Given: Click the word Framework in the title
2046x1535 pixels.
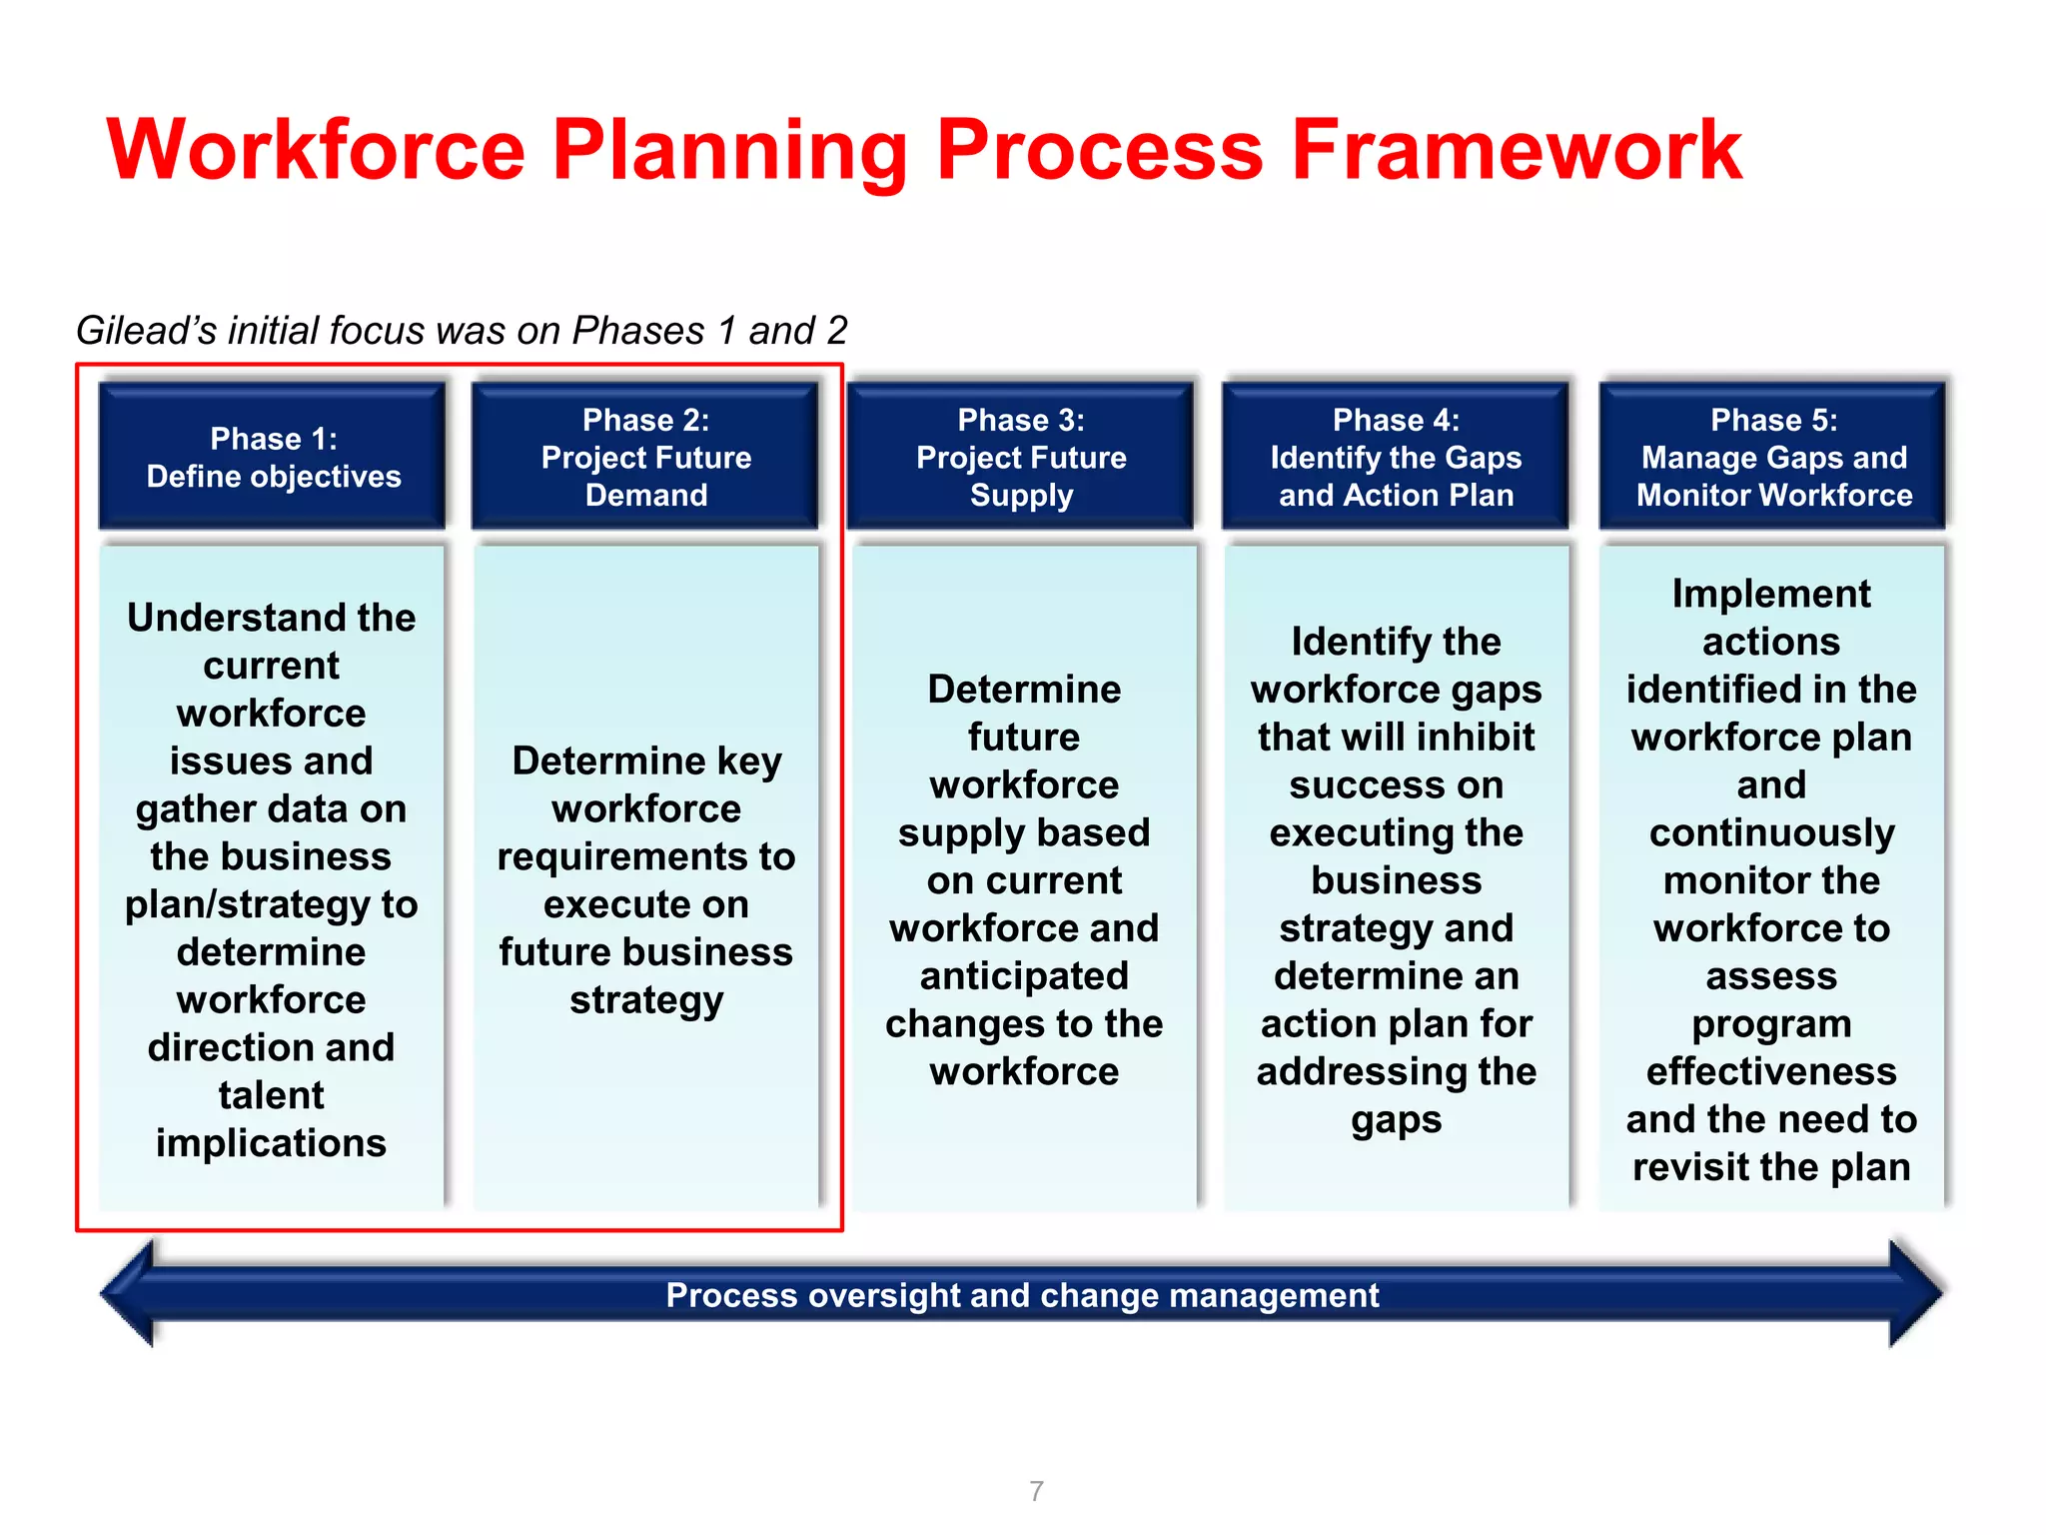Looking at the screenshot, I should (x=1516, y=150).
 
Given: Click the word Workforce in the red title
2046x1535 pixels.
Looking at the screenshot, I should (x=316, y=150).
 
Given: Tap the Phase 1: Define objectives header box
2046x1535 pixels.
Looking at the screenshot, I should (x=273, y=457).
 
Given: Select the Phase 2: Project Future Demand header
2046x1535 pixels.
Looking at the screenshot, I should (x=645, y=457).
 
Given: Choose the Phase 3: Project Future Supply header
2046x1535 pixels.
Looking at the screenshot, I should (x=1021, y=457).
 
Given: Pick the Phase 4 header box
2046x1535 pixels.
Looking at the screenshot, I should (x=1396, y=457).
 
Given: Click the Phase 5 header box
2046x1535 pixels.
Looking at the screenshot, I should (x=1772, y=457).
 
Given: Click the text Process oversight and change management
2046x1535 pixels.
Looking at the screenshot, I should (x=1022, y=1295).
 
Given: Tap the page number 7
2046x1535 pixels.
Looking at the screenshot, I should (x=1036, y=1491).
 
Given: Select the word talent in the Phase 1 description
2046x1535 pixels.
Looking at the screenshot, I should (x=271, y=1095).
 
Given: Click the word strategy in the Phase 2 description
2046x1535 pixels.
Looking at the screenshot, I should (x=646, y=1000).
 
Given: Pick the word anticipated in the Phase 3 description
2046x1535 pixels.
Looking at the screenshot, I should (x=1024, y=976).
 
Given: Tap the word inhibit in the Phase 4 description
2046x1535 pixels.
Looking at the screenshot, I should (x=1474, y=738).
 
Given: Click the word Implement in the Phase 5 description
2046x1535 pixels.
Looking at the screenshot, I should (x=1771, y=594).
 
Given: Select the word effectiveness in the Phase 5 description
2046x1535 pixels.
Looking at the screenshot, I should (x=1771, y=1071).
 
